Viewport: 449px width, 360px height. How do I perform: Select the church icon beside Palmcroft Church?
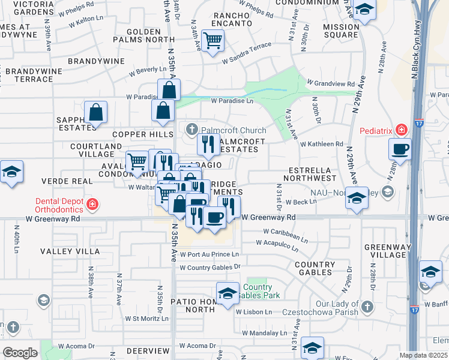click(x=191, y=129)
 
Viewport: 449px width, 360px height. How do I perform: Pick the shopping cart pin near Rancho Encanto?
click(x=212, y=41)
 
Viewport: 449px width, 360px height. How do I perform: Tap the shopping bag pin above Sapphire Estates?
click(x=96, y=112)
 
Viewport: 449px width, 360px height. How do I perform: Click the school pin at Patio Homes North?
click(x=228, y=293)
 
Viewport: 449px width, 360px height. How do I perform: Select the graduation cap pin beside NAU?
click(x=357, y=199)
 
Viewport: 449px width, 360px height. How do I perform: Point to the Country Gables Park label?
click(x=258, y=290)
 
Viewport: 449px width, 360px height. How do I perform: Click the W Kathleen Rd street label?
click(x=322, y=145)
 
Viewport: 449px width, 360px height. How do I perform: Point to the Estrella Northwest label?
click(x=312, y=174)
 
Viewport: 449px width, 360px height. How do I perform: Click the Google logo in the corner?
click(x=20, y=352)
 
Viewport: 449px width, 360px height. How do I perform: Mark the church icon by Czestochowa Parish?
click(x=367, y=307)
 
